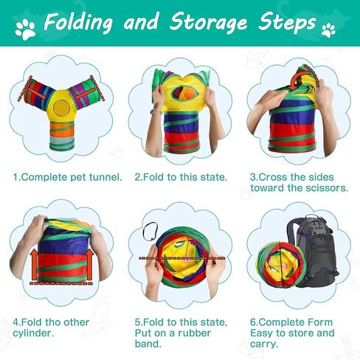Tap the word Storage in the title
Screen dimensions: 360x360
click(209, 22)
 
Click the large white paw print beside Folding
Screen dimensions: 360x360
click(25, 30)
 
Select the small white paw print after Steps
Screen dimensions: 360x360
click(328, 30)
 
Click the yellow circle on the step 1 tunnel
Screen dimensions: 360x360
click(61, 108)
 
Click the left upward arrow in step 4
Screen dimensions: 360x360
click(34, 265)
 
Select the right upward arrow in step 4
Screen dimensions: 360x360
click(89, 264)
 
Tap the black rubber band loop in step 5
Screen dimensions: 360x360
click(150, 232)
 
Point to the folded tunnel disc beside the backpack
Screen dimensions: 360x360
click(280, 265)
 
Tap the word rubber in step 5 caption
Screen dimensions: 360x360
click(194, 333)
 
